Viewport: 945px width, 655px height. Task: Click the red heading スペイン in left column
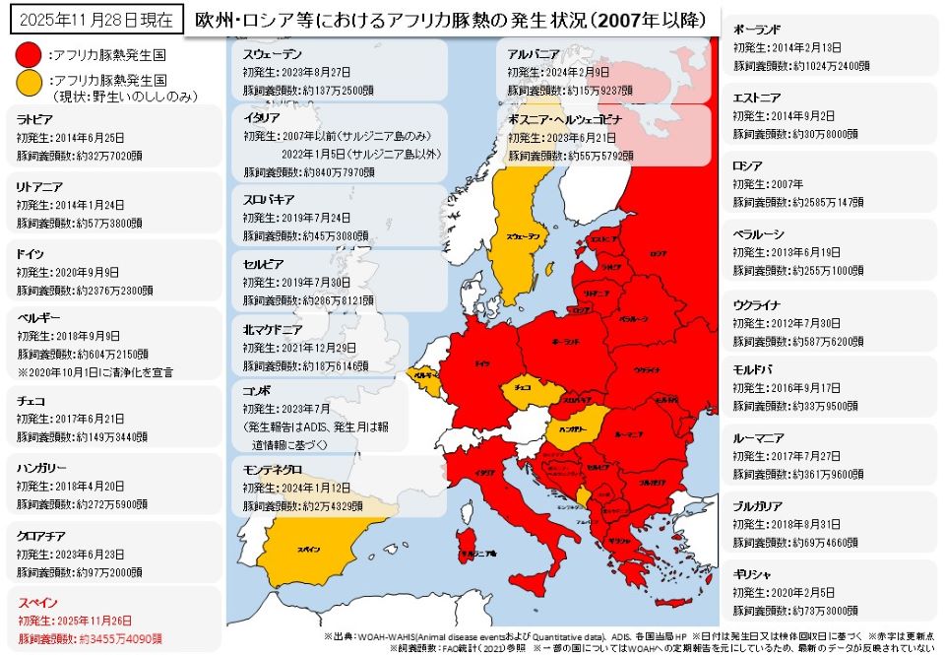click(37, 601)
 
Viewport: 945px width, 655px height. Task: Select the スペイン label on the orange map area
click(308, 550)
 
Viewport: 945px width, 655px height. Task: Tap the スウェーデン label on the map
click(523, 237)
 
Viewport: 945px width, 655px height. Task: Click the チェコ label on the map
click(524, 388)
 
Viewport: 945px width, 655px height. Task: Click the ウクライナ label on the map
click(647, 369)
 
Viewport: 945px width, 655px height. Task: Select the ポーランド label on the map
click(564, 340)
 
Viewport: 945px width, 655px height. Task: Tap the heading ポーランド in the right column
click(757, 30)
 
